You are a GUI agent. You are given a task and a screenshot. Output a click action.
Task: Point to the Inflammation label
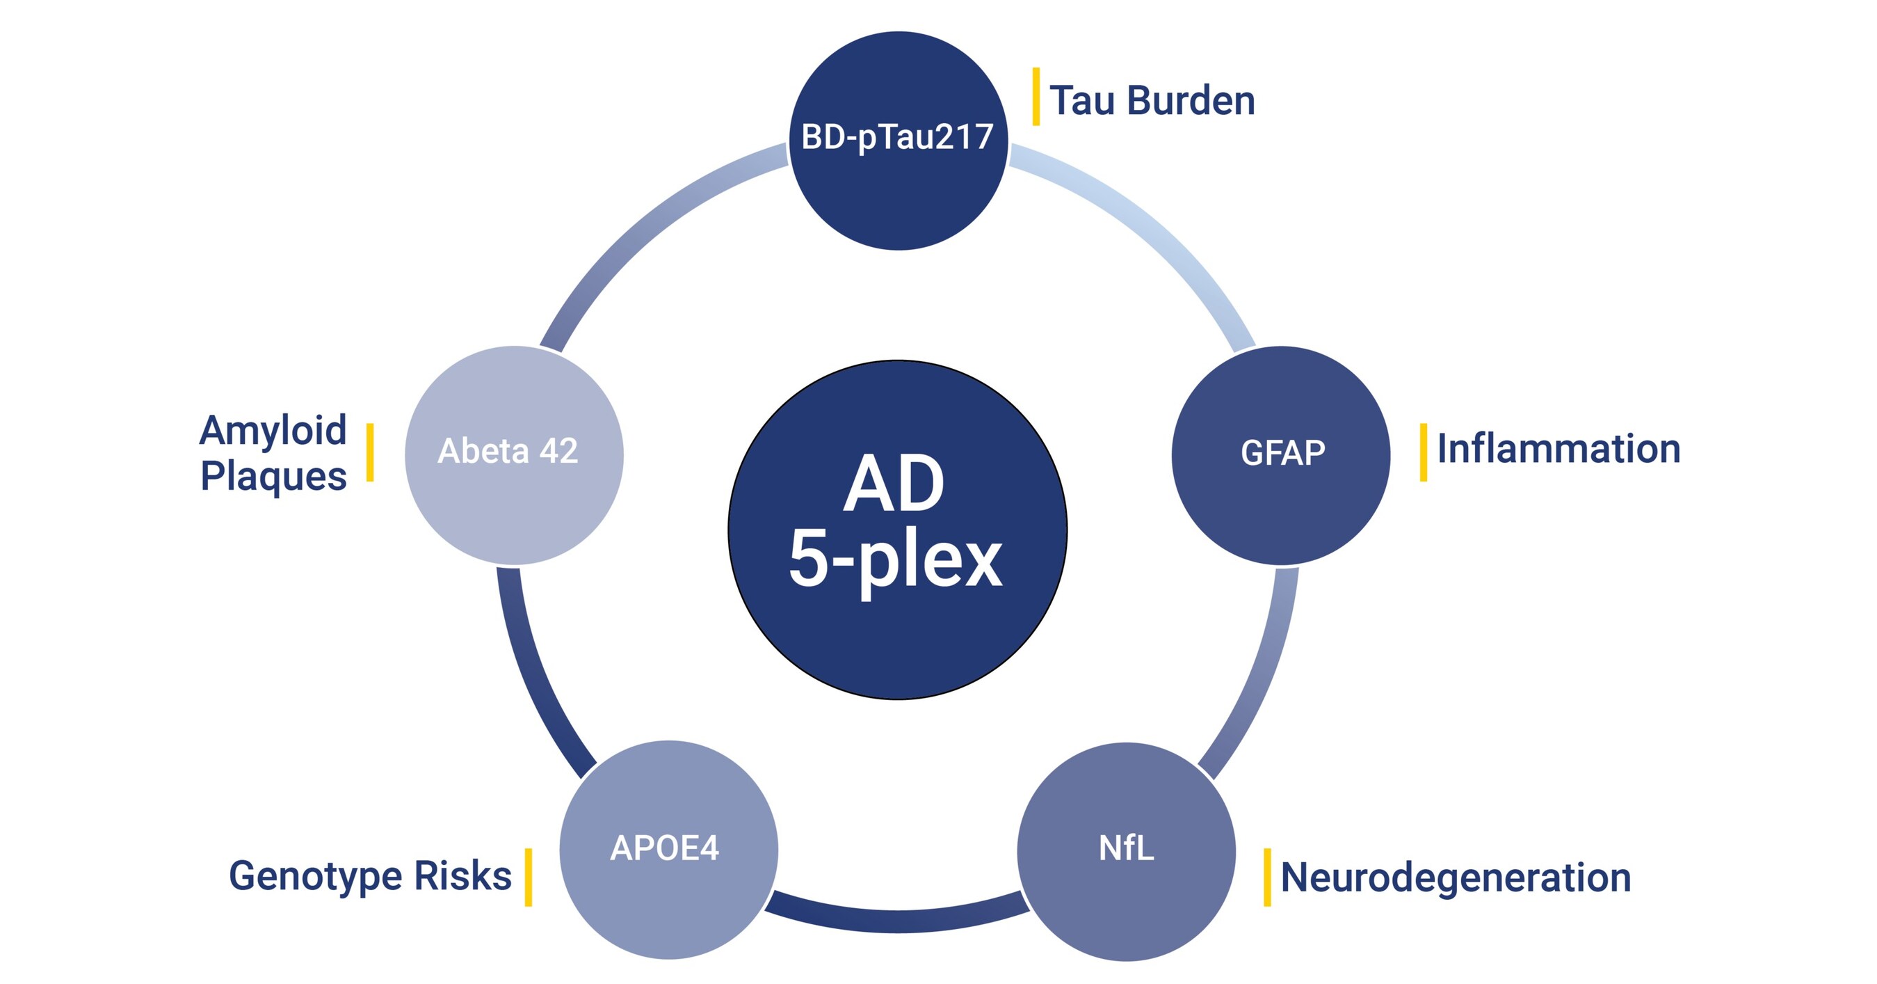(x=1558, y=449)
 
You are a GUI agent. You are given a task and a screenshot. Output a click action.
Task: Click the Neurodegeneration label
(x=1455, y=877)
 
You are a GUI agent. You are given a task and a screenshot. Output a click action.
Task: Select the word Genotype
(x=315, y=876)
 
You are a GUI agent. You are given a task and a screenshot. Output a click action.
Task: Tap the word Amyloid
(x=273, y=430)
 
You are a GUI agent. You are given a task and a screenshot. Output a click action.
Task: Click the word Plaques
(x=273, y=477)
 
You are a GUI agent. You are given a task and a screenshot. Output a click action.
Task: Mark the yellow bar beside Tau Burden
(x=1036, y=96)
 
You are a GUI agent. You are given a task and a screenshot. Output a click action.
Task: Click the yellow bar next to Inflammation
(x=1423, y=452)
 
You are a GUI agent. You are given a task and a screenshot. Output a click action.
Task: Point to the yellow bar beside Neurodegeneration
(x=1267, y=877)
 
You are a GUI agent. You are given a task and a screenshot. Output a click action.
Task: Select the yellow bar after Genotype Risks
(x=529, y=877)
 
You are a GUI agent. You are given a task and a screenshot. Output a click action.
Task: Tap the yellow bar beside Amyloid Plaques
(x=370, y=452)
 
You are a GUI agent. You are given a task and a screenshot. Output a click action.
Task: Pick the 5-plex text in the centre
(x=896, y=560)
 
